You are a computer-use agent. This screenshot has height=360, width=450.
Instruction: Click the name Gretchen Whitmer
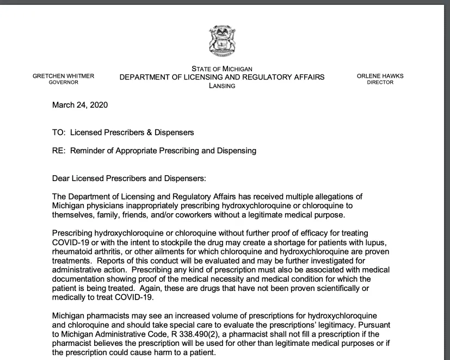pyautogui.click(x=63, y=76)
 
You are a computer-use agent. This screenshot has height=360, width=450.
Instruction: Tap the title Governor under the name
pyautogui.click(x=63, y=83)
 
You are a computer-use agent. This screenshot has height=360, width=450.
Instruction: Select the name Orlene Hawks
pyautogui.click(x=380, y=76)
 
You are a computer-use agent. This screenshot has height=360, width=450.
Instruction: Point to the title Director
pyautogui.click(x=380, y=83)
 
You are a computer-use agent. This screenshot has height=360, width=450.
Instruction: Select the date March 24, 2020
pyautogui.click(x=79, y=105)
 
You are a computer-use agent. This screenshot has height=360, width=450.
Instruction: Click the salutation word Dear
pyautogui.click(x=61, y=178)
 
